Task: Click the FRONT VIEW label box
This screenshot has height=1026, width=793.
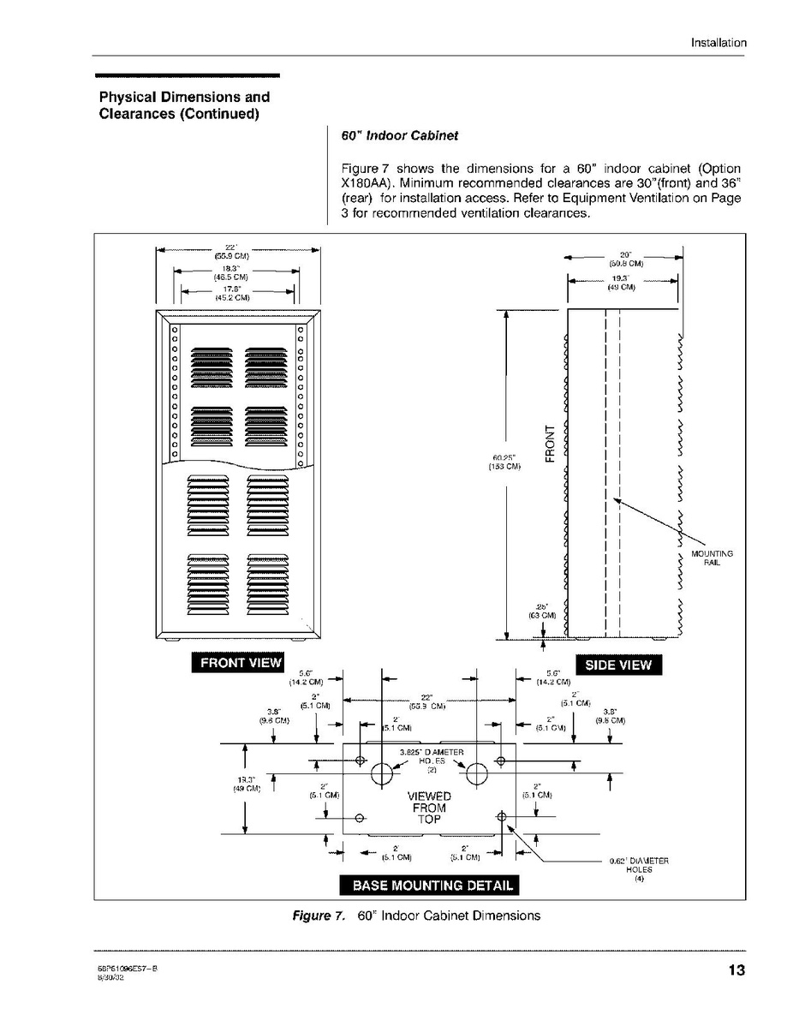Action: tap(236, 664)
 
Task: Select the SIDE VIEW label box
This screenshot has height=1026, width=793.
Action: tap(617, 665)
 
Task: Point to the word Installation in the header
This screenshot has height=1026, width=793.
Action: tap(718, 43)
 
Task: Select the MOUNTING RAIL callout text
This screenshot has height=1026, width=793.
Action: tap(712, 558)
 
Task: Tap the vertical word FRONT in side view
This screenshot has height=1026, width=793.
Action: tap(550, 443)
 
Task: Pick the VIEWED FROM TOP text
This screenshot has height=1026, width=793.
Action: tap(429, 808)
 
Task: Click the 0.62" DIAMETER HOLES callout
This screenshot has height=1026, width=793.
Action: tap(638, 869)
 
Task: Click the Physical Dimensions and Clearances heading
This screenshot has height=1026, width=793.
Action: tap(184, 105)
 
